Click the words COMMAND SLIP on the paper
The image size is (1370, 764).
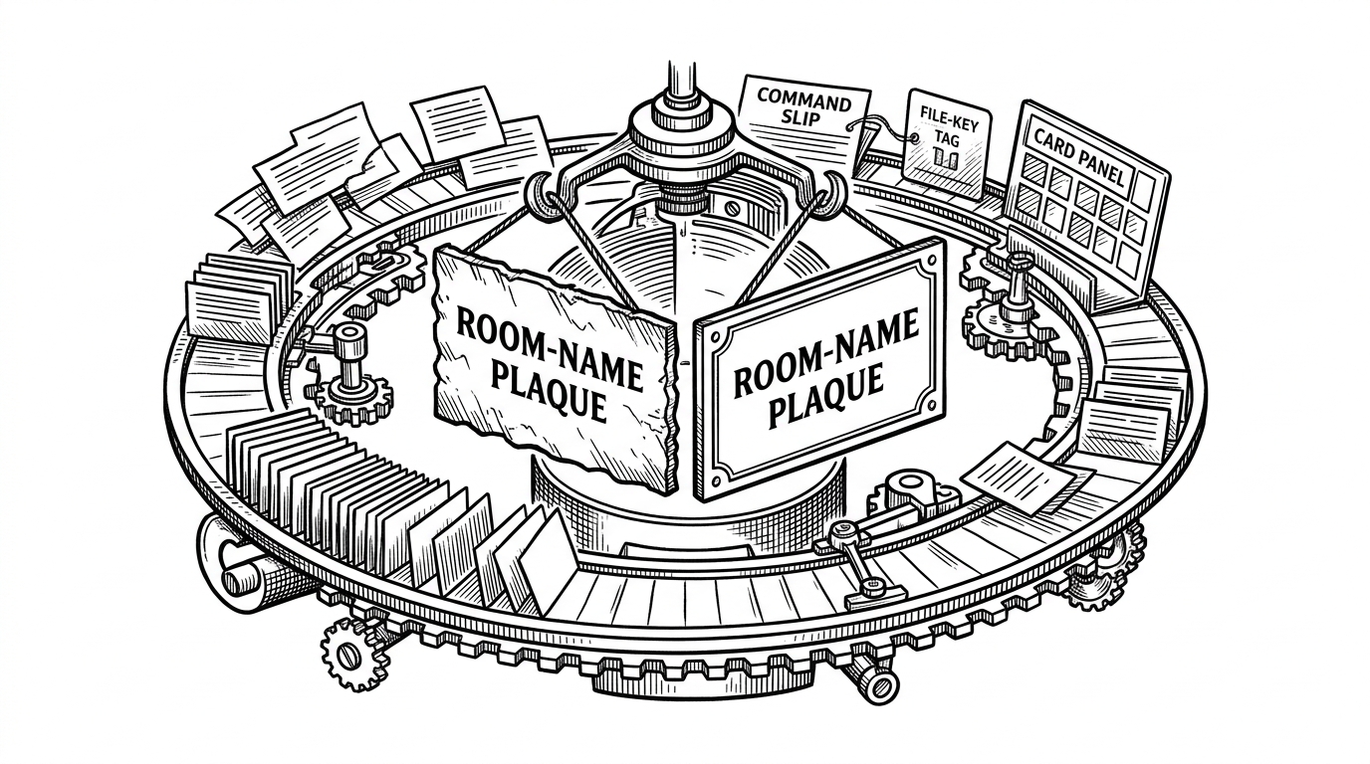click(804, 109)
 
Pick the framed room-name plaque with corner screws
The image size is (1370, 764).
click(820, 368)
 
